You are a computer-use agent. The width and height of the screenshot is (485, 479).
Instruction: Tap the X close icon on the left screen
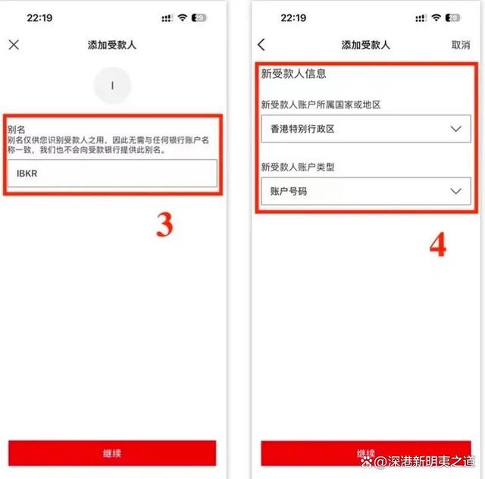coord(14,45)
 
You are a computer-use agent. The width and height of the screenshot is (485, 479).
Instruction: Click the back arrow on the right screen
coord(261,45)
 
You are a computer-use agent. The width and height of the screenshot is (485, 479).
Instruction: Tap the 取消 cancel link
coord(460,45)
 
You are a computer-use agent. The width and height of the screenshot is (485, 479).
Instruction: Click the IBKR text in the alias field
coord(27,174)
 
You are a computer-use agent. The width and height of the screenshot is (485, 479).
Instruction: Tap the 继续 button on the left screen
coord(112,453)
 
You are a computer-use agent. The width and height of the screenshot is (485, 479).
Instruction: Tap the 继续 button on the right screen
coord(365,453)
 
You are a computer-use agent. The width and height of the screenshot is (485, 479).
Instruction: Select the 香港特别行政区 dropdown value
coord(303,129)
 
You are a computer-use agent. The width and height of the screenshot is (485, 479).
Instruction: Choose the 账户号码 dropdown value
coord(289,191)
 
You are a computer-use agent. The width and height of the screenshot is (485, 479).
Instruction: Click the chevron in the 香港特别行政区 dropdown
coord(455,129)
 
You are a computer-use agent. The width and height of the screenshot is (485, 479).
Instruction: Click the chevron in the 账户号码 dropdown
coord(455,191)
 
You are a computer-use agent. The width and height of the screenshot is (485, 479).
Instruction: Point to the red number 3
coord(164,226)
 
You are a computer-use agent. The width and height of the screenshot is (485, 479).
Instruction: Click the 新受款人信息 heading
coord(294,74)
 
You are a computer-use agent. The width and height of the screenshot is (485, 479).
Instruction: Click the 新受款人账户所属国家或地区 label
coord(331,105)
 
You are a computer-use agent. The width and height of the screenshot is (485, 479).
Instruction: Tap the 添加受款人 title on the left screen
coord(112,45)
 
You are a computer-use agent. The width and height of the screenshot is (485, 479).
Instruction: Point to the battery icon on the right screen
coord(452,17)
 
